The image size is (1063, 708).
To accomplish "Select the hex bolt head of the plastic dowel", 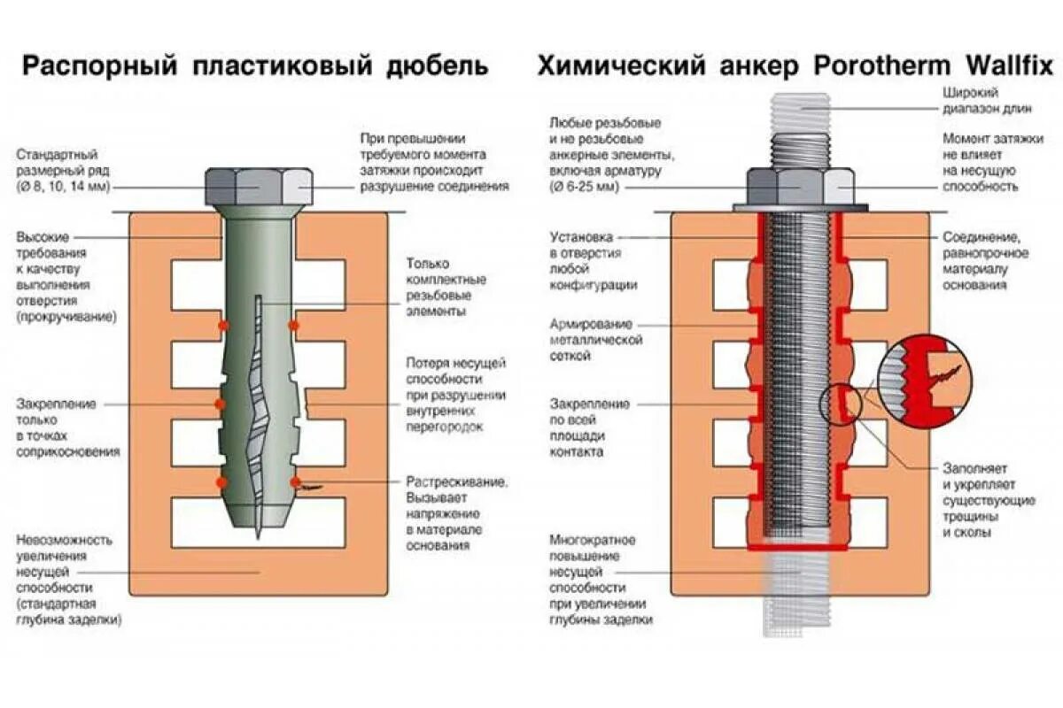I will (258, 187).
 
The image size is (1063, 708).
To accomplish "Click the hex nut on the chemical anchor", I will (800, 186).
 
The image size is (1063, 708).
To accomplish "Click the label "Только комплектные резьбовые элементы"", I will (439, 287).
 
